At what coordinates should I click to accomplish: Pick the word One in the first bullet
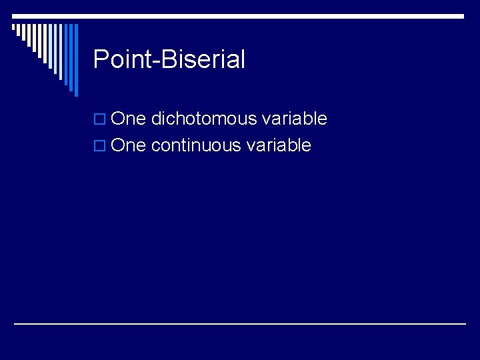coord(129,119)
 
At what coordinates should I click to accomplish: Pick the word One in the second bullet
coord(129,146)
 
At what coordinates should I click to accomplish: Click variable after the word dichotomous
coord(294,119)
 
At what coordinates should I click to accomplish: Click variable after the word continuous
coord(278,146)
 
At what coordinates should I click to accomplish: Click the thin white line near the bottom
coord(240,323)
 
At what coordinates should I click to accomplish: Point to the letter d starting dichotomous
coord(156,119)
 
